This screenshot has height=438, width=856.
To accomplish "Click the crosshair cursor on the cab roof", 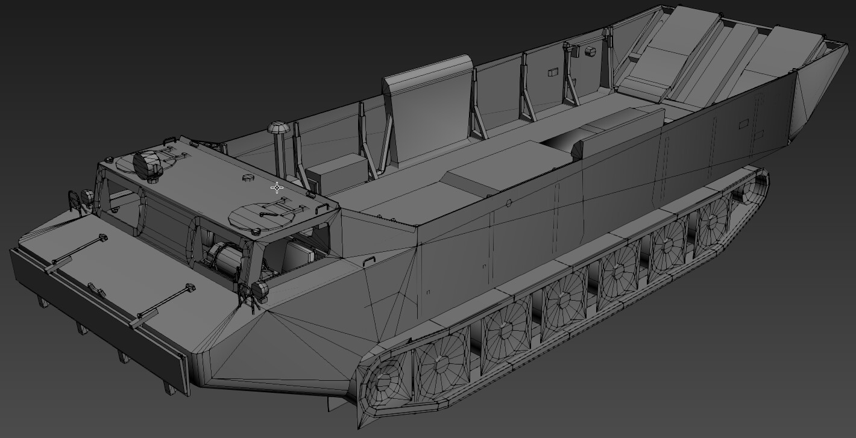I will (x=277, y=188).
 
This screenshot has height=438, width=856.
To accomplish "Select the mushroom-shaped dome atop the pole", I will (x=278, y=128).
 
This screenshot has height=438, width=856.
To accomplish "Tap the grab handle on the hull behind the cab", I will (x=370, y=260).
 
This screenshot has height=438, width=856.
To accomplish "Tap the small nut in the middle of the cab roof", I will (x=247, y=179).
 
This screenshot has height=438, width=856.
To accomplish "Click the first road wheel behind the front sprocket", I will (x=442, y=362).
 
